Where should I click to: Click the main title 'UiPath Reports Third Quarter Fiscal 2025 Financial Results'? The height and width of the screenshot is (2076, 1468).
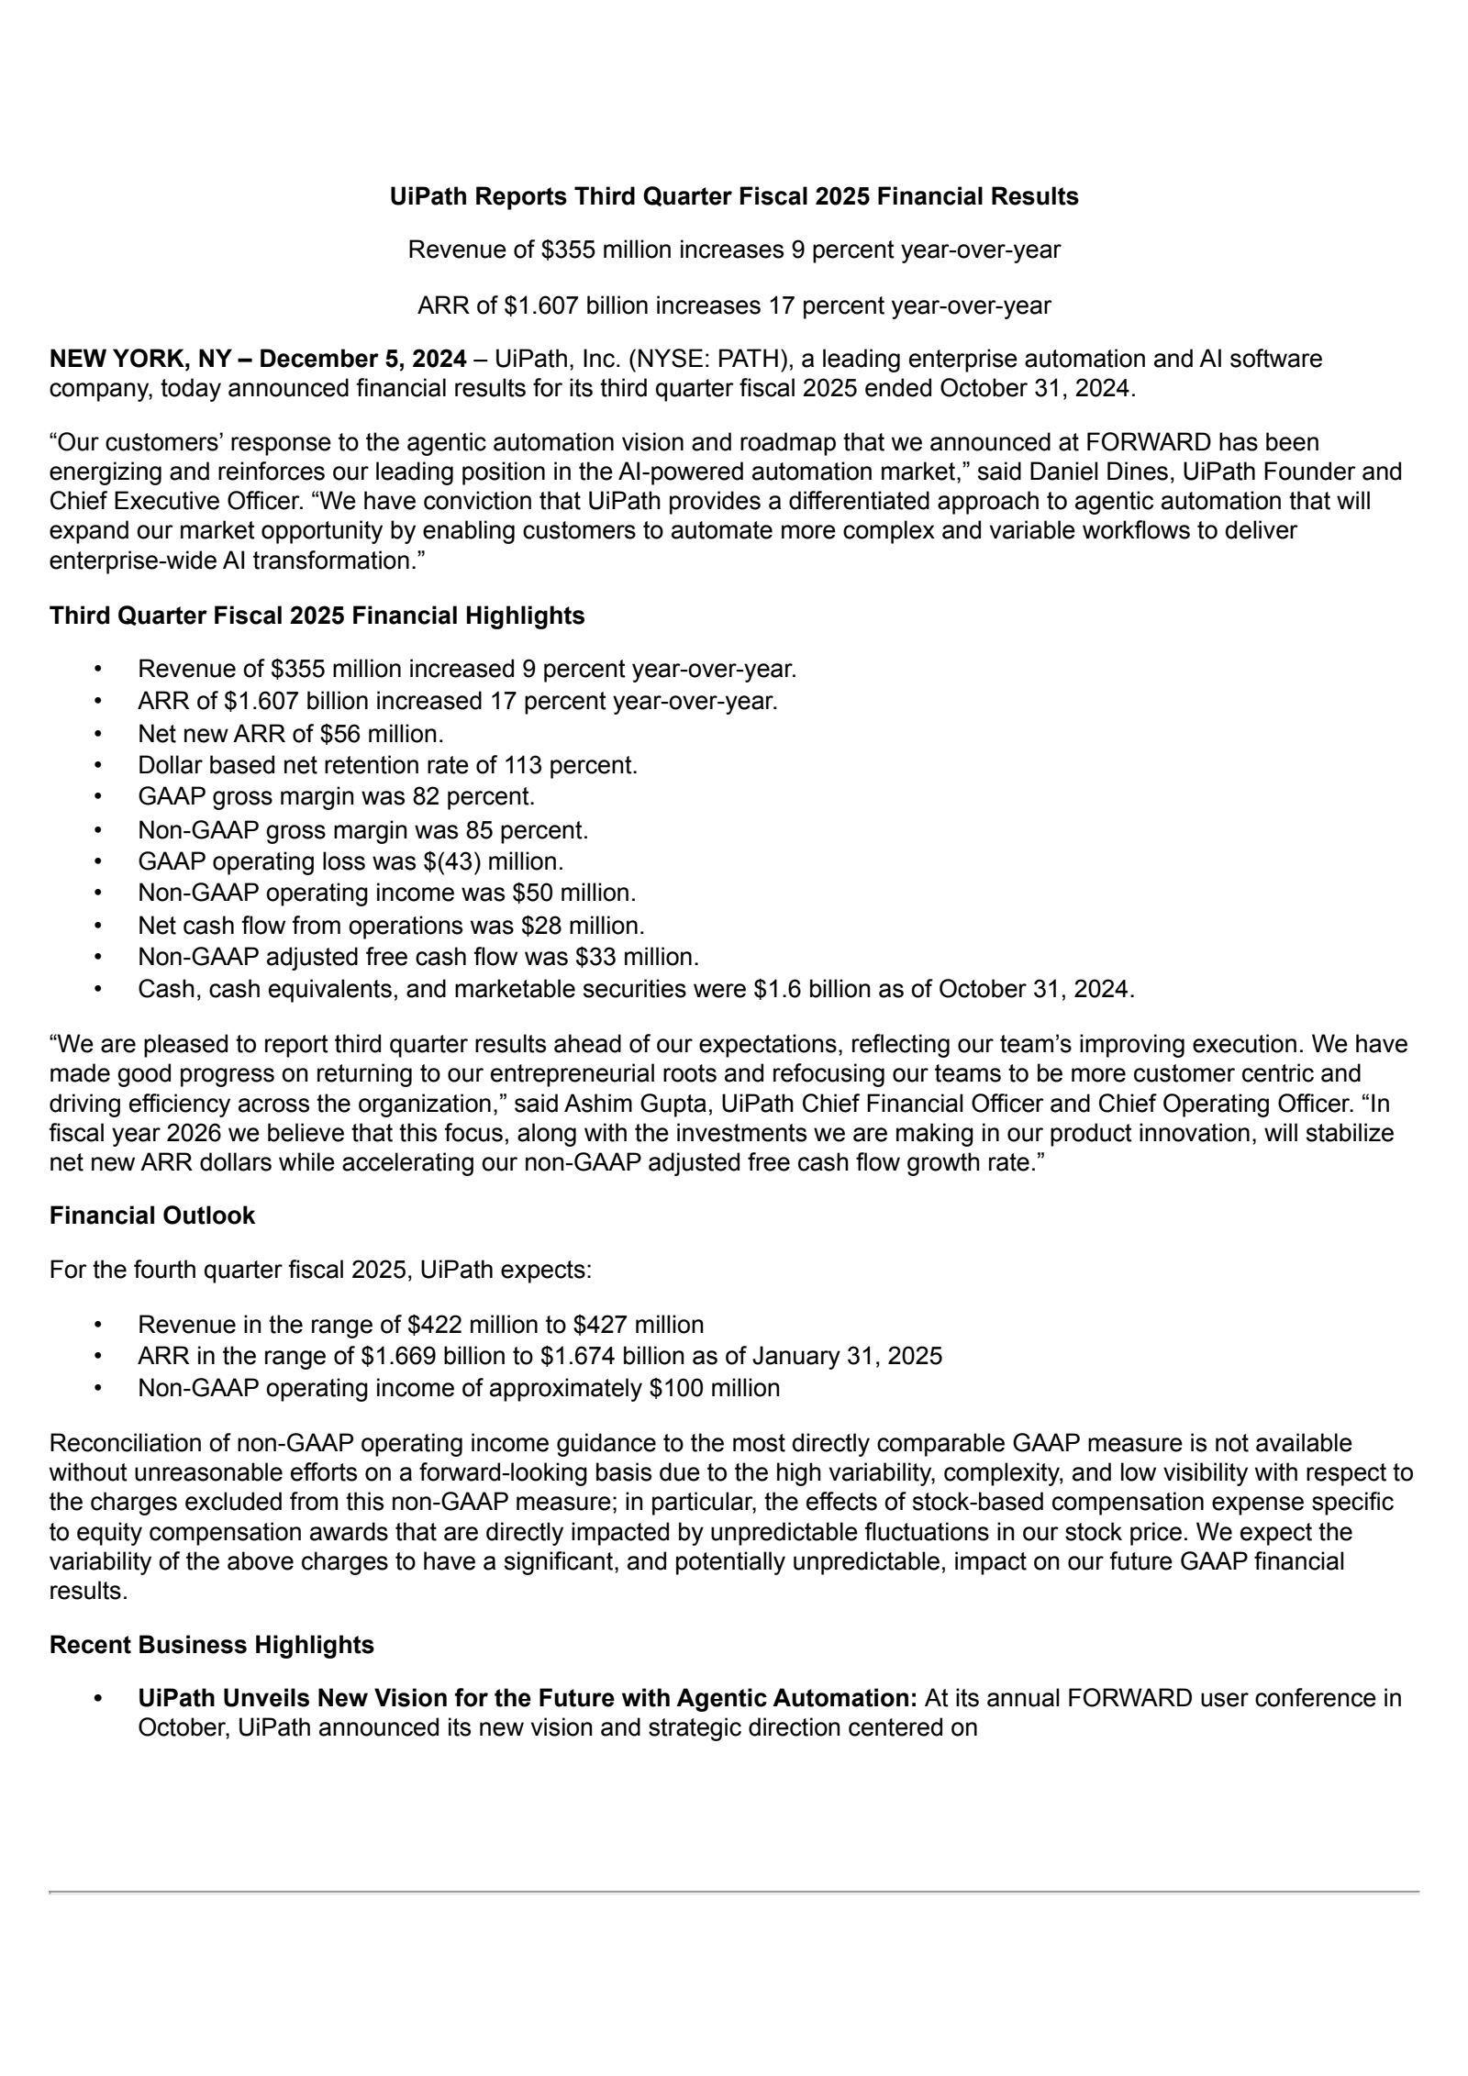(733, 196)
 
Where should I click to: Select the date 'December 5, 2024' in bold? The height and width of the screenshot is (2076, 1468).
(362, 359)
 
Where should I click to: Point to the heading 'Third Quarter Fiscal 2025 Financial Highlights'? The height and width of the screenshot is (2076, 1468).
(317, 616)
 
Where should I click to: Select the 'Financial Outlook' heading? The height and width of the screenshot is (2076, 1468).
(152, 1216)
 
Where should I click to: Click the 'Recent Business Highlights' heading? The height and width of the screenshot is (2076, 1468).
(212, 1645)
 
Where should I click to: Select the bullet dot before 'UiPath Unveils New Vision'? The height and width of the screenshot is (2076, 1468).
(98, 1699)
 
